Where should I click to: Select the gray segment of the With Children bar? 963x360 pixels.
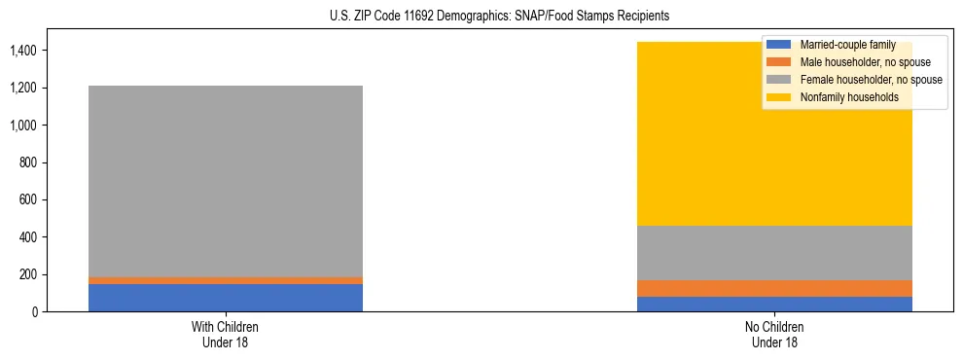(226, 181)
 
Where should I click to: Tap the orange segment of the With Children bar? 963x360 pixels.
(226, 280)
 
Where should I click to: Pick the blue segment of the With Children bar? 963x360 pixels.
(226, 298)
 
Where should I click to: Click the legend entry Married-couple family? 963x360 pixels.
(846, 45)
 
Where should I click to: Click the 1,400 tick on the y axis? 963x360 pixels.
(24, 50)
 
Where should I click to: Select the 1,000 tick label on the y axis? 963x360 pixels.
(24, 125)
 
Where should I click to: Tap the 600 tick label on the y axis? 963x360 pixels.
(29, 199)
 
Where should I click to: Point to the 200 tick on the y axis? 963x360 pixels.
(29, 274)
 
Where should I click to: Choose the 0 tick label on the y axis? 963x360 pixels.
(35, 311)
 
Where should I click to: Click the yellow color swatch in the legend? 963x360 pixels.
(779, 97)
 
